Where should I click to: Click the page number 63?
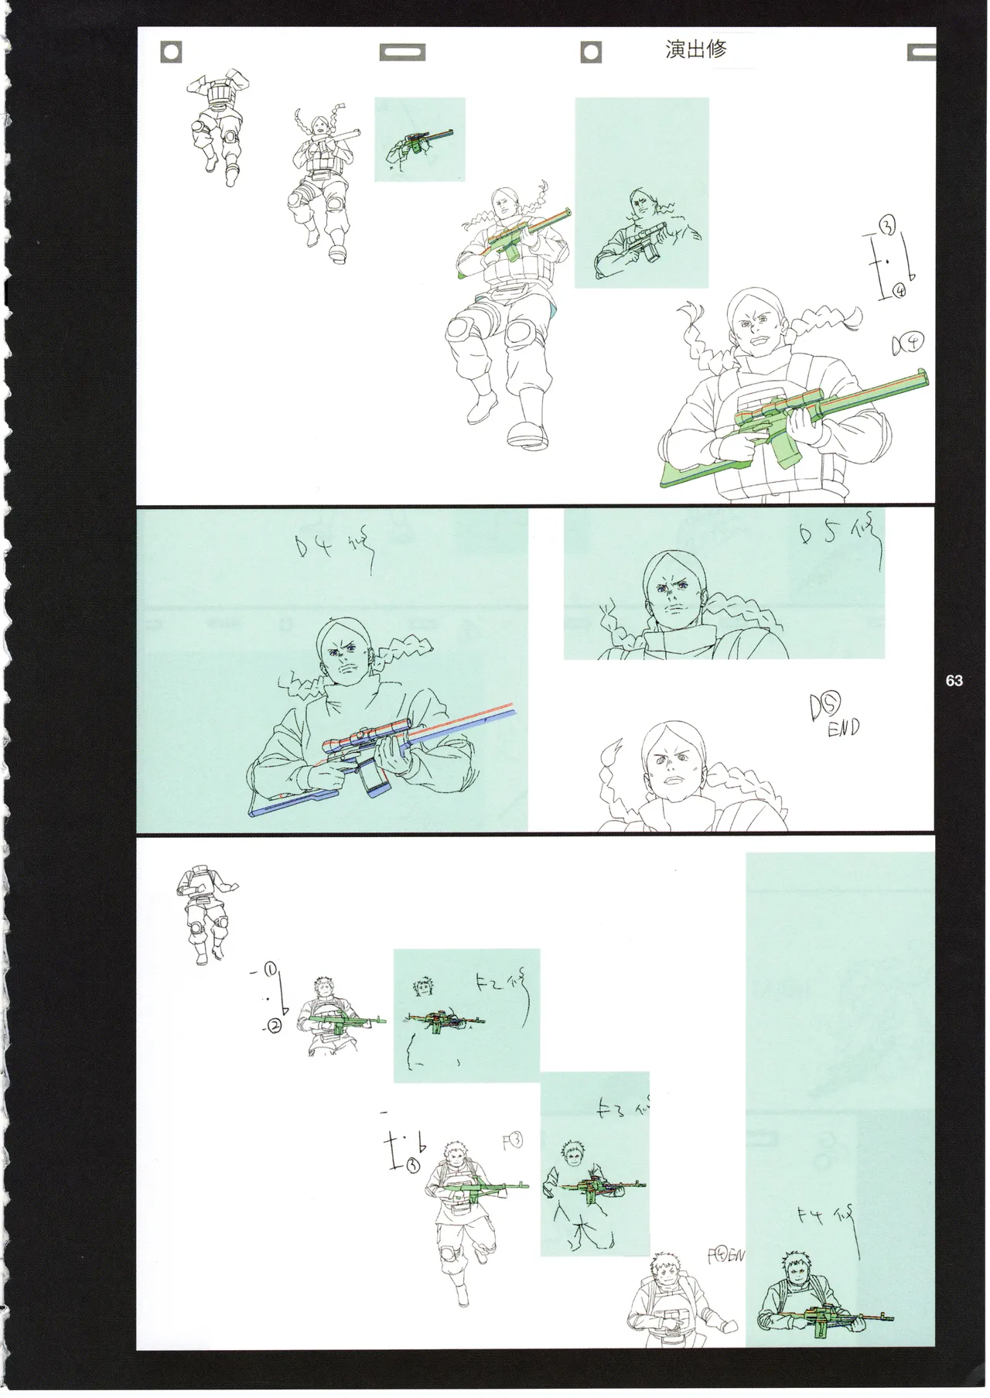click(x=954, y=681)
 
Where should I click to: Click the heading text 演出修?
click(x=695, y=50)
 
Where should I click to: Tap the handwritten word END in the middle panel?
click(x=843, y=728)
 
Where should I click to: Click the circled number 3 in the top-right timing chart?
click(x=888, y=226)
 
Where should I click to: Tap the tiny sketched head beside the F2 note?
click(x=422, y=986)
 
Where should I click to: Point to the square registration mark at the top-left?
click(x=171, y=53)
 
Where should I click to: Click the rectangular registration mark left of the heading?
click(x=401, y=53)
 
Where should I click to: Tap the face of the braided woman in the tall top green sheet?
click(x=641, y=207)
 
